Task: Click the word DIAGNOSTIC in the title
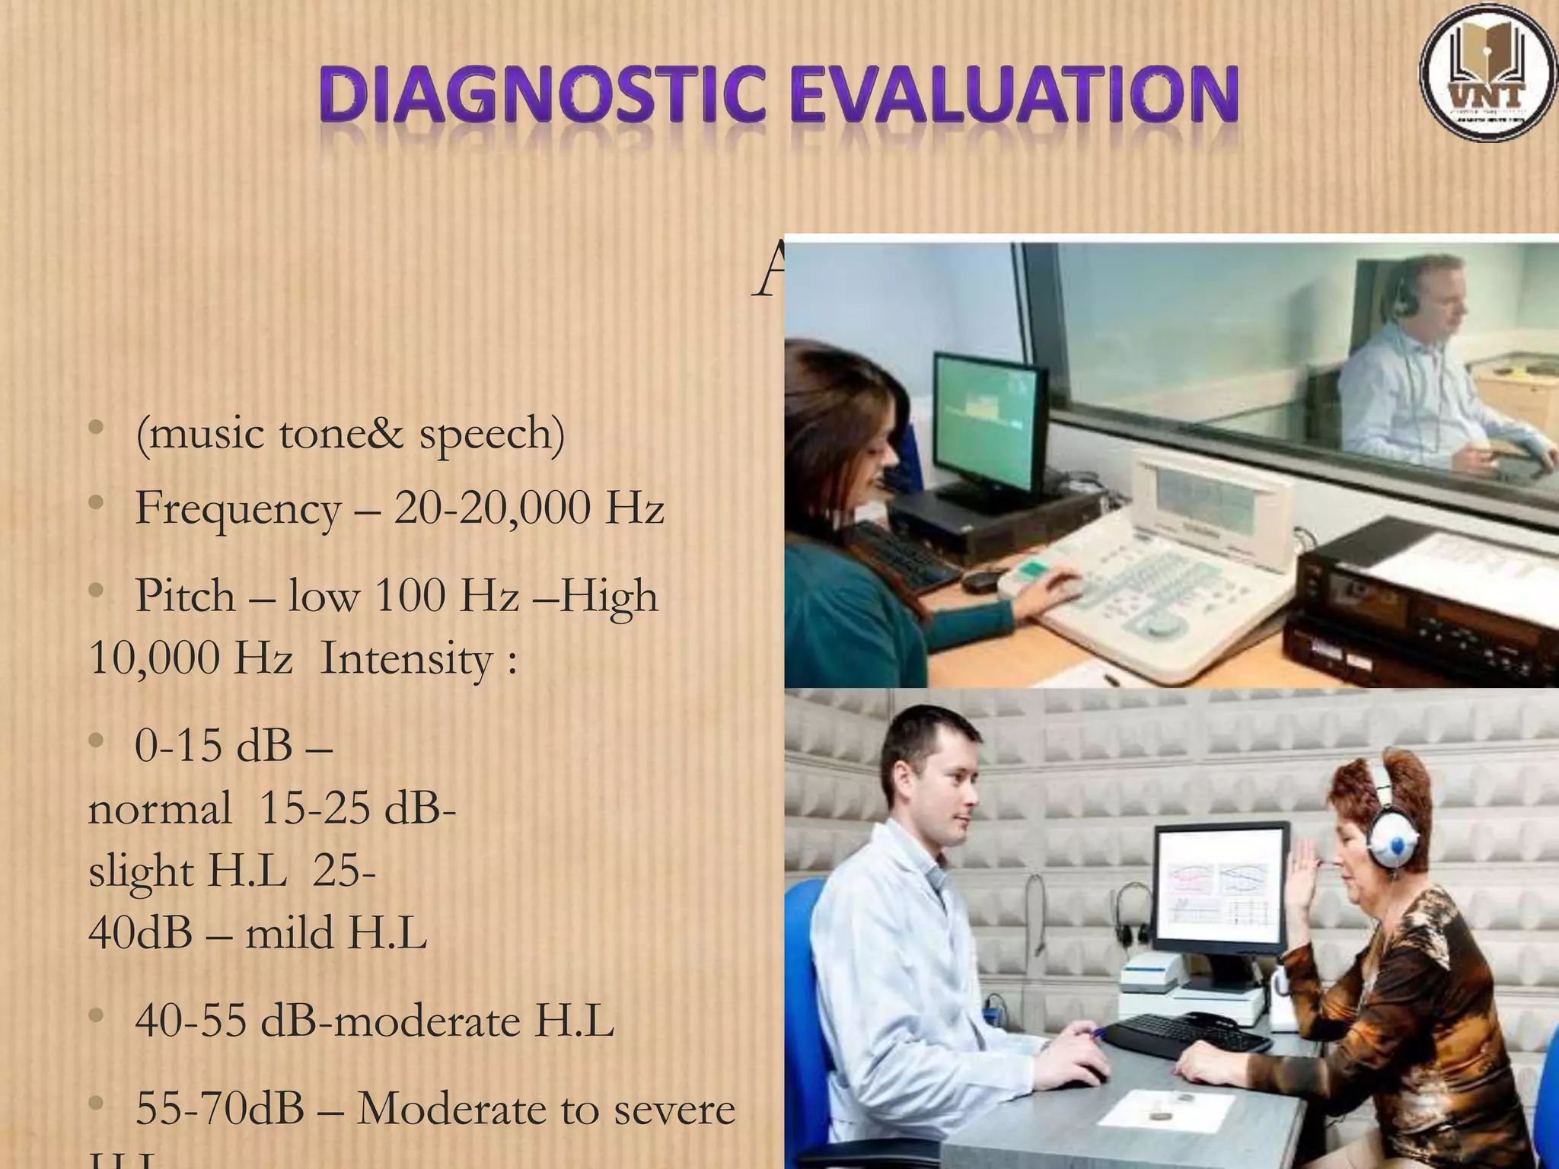pyautogui.click(x=541, y=97)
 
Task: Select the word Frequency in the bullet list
pyautogui.click(x=238, y=508)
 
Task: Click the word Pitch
pyautogui.click(x=185, y=596)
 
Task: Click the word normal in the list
pyautogui.click(x=160, y=808)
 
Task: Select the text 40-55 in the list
pyautogui.click(x=190, y=1021)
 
